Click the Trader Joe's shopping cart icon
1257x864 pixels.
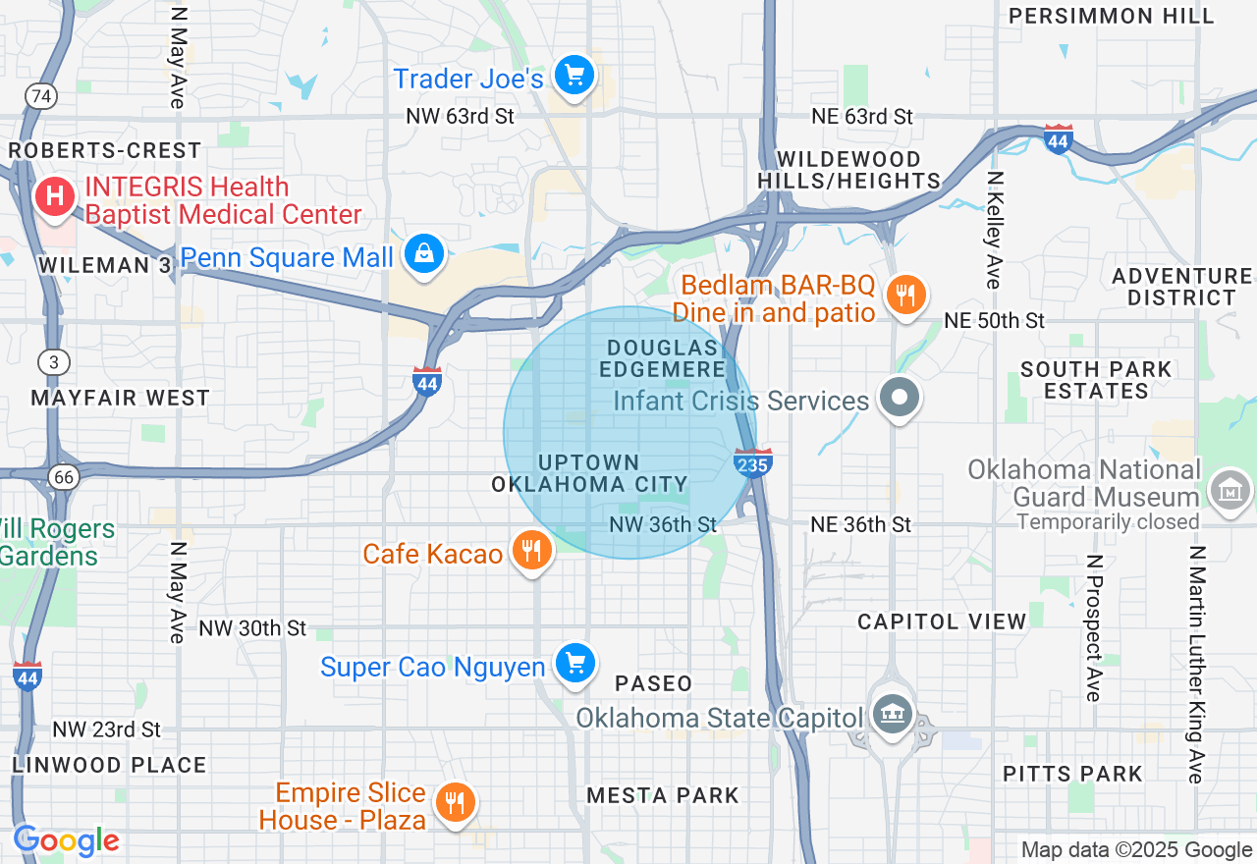click(x=574, y=76)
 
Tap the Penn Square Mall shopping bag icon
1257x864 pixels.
click(x=424, y=254)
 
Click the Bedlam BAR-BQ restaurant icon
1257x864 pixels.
click(x=905, y=295)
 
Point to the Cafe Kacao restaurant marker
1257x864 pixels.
click(x=531, y=551)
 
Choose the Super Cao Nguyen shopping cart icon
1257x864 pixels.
click(x=574, y=664)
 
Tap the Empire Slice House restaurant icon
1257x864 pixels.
click(x=454, y=803)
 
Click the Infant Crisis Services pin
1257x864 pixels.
click(x=899, y=399)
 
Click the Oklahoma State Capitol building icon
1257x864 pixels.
click(x=892, y=714)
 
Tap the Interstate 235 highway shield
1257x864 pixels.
click(x=753, y=462)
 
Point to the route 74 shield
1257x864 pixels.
click(x=41, y=96)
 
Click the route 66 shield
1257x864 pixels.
click(x=64, y=477)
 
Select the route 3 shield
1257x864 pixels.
click(x=54, y=362)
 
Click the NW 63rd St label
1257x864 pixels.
click(x=460, y=117)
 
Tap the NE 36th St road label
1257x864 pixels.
click(x=861, y=524)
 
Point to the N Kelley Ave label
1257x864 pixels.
click(x=995, y=230)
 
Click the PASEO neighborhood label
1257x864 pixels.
click(x=654, y=682)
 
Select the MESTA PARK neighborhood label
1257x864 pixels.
click(x=662, y=794)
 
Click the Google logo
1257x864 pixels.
click(x=66, y=841)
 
